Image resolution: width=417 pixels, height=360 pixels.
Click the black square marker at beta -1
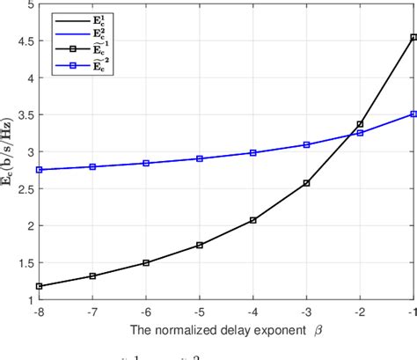point(413,37)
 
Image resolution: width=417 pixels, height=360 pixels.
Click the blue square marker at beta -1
point(413,114)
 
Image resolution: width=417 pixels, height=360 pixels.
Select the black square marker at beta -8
point(40,286)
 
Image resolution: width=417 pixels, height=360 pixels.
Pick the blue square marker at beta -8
point(40,170)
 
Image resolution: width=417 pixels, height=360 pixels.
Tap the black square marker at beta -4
point(253,220)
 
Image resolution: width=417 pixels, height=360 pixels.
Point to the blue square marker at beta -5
point(200,158)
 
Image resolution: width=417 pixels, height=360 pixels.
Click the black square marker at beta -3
point(306,183)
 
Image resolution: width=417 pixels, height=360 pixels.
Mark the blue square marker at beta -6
point(146,163)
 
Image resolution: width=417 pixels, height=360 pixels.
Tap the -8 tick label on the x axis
point(40,312)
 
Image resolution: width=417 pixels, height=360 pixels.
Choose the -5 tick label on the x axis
point(200,312)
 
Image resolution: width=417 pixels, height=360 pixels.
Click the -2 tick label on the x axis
point(359,312)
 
